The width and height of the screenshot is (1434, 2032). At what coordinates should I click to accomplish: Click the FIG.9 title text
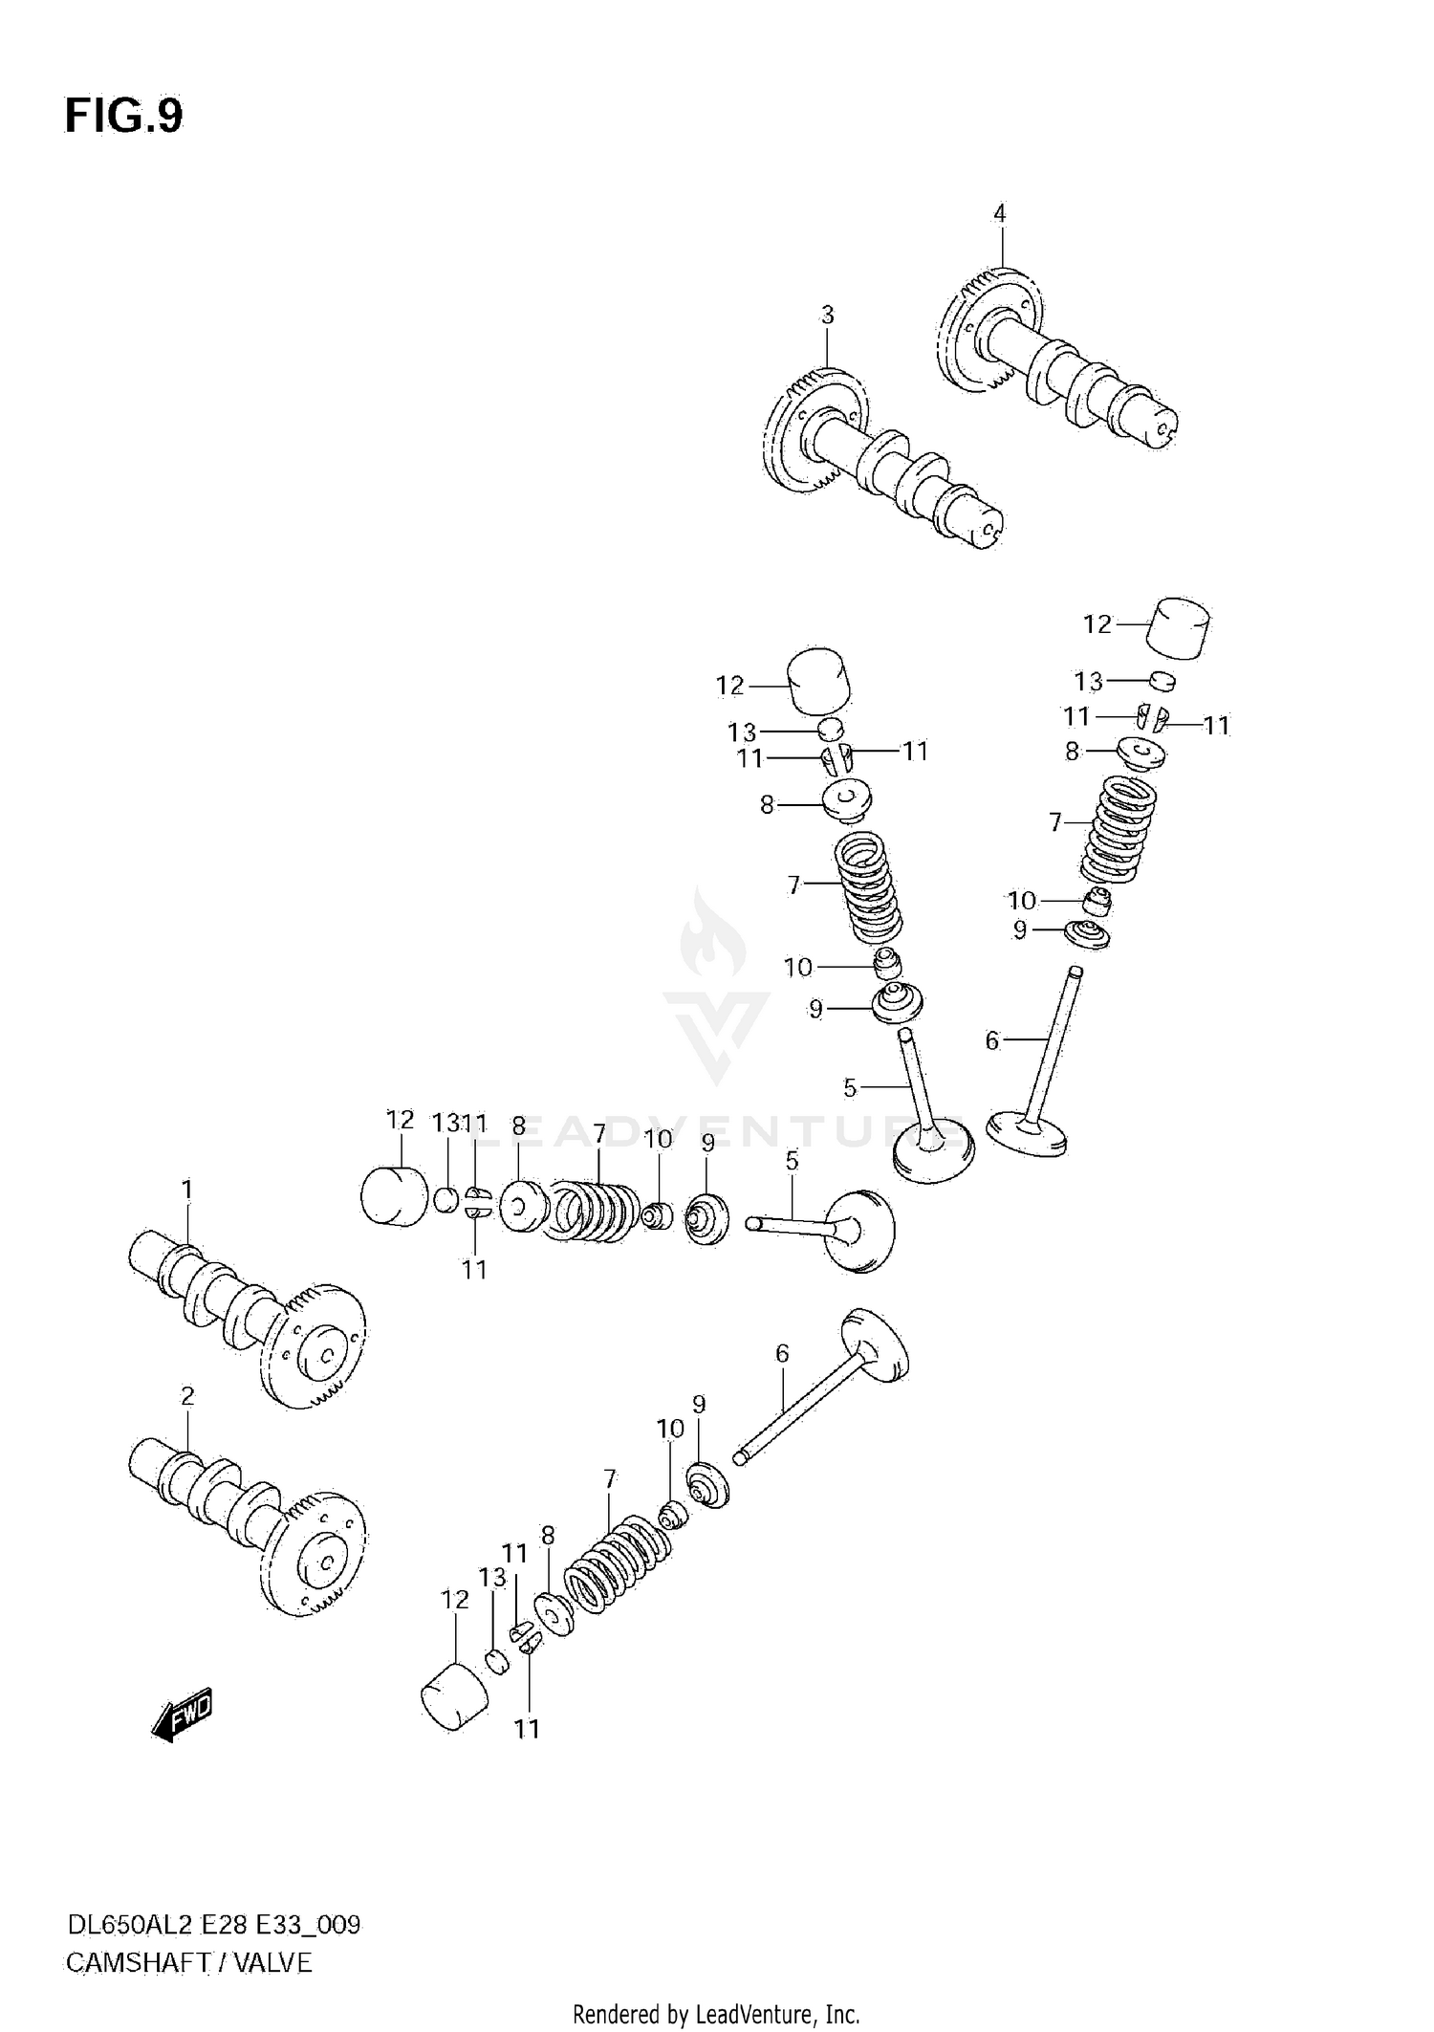[123, 117]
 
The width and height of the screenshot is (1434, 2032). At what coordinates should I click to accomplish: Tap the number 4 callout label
[999, 214]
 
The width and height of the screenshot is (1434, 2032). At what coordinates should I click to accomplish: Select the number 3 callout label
[827, 315]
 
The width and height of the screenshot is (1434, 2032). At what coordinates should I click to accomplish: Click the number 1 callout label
[187, 1190]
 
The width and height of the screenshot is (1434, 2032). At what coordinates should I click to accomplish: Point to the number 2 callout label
[187, 1396]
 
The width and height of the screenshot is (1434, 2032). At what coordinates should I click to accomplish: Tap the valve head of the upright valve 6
[1027, 1132]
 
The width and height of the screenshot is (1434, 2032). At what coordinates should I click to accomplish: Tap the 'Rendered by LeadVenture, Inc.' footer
[716, 2014]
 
